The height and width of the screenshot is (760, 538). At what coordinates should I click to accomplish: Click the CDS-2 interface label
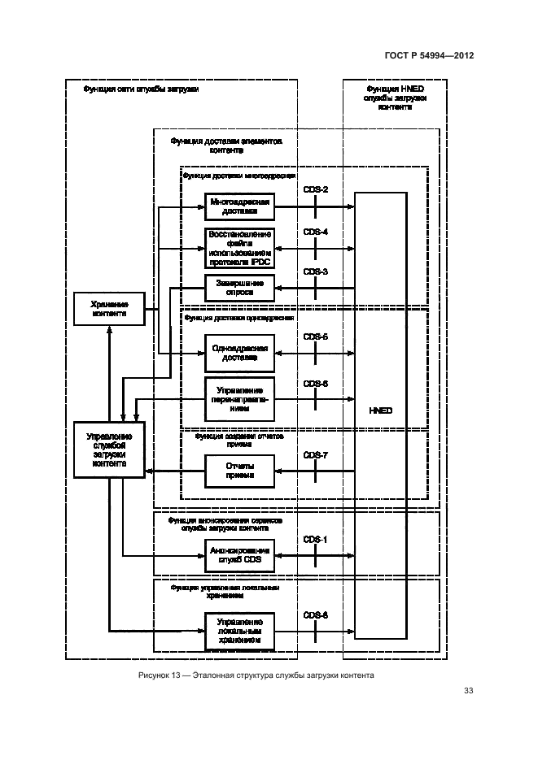click(315, 190)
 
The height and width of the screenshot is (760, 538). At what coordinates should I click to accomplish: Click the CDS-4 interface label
click(315, 232)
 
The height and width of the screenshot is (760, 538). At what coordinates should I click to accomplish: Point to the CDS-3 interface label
click(315, 271)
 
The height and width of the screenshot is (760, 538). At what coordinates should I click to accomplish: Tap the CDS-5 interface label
click(315, 337)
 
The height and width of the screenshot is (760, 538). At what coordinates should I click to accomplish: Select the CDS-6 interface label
click(315, 383)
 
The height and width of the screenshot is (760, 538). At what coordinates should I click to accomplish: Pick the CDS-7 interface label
click(315, 455)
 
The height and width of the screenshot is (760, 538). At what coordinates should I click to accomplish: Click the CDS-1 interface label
click(315, 539)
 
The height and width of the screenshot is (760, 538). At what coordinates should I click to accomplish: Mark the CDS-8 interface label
click(315, 615)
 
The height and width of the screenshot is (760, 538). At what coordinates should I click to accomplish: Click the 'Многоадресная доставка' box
click(239, 206)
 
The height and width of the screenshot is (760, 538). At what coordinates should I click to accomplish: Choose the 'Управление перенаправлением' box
click(239, 399)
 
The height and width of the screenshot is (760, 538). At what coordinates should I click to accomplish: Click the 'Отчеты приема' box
click(239, 471)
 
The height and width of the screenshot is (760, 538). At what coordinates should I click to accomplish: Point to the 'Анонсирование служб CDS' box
click(239, 555)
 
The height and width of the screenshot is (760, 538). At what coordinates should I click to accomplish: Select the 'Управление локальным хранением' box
click(239, 632)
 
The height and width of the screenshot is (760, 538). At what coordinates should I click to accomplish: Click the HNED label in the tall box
click(380, 410)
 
